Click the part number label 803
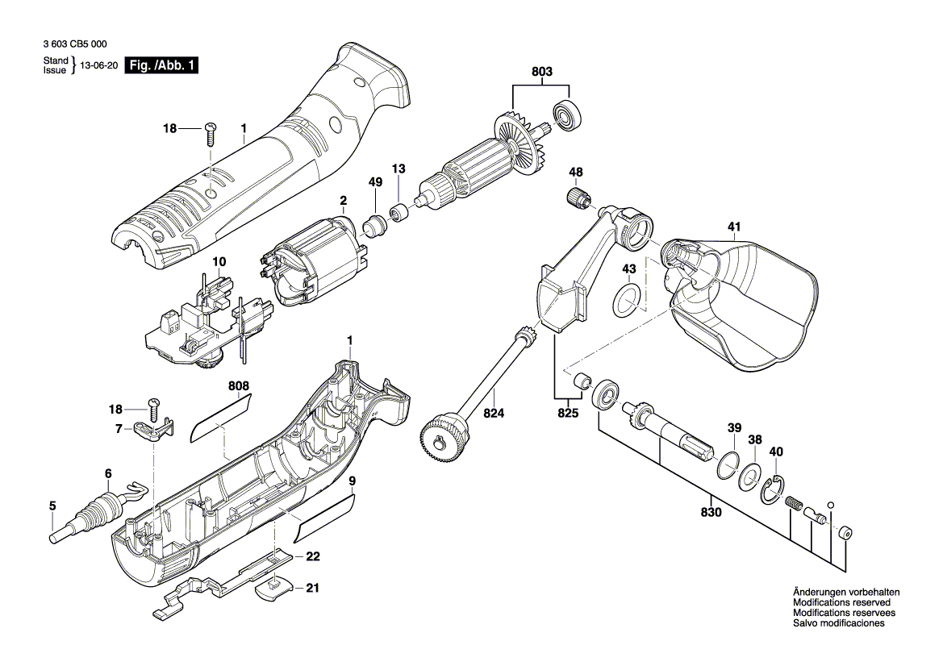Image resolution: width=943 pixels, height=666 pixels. pos(542,72)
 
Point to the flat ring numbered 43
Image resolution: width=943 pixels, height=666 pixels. pos(628,299)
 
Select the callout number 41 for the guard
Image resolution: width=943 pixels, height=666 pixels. pos(733,227)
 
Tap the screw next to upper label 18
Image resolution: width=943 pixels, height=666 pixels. pos(212,131)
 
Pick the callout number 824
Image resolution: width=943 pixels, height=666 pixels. pos(493,414)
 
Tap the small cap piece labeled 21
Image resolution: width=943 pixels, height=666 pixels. pos(273,589)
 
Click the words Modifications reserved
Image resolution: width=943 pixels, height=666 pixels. pos(841,602)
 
